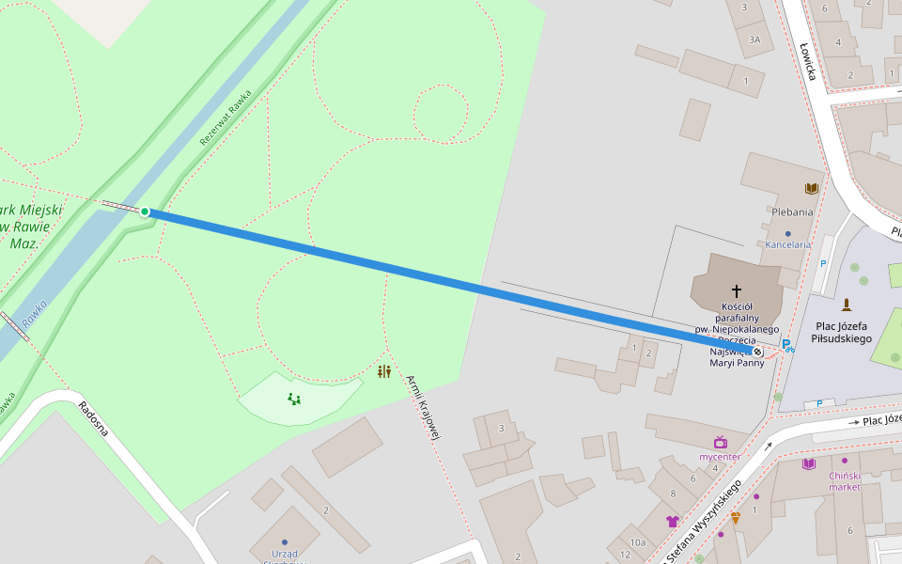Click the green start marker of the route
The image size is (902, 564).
coord(145,211)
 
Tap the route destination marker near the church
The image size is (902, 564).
coord(757,352)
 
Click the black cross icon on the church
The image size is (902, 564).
coord(737,290)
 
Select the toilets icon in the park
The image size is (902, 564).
coord(383,372)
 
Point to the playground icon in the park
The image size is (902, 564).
coord(294,399)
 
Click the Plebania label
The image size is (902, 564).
coord(792,212)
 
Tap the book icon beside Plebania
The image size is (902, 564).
coord(812,189)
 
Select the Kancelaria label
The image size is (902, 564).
coord(787,244)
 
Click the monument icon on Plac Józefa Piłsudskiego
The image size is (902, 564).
coord(847,305)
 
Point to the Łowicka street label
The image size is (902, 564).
coord(807,60)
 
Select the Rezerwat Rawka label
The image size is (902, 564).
coord(225,118)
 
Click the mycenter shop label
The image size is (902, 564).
coord(720,457)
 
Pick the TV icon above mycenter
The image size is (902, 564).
coord(721,442)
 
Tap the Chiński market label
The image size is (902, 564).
coord(844,480)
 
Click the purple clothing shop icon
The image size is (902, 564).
coord(672,521)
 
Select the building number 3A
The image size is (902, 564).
coord(754,39)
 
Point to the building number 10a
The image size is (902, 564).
coord(638,542)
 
